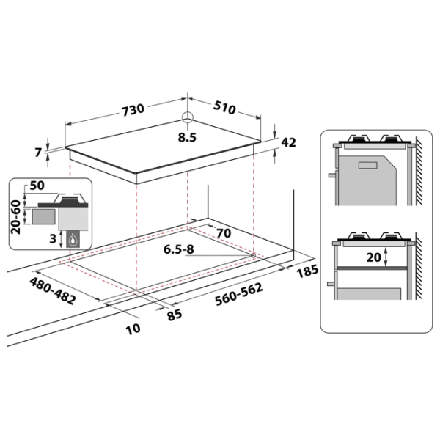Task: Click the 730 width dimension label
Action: (133, 110)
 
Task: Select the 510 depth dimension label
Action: (224, 108)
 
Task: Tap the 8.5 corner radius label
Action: (187, 138)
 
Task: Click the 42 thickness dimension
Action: (288, 142)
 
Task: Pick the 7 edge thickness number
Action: (38, 153)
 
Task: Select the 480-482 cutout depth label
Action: (53, 291)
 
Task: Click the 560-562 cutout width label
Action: (239, 294)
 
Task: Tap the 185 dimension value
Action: (307, 271)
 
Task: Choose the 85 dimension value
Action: (175, 315)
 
